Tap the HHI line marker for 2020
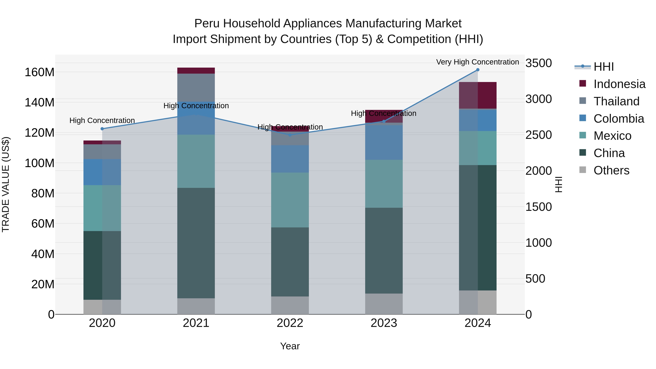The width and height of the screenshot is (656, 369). click(x=102, y=129)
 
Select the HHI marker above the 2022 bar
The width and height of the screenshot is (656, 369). click(x=290, y=135)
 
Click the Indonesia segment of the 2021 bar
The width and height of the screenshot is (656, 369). click(x=196, y=71)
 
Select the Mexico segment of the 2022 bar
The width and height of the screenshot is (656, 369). click(x=290, y=200)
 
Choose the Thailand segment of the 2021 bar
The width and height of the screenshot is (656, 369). click(x=196, y=88)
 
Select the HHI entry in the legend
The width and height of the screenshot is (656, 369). click(x=603, y=67)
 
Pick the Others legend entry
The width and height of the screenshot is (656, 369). click(x=611, y=170)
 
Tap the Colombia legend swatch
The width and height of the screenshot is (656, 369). click(x=583, y=118)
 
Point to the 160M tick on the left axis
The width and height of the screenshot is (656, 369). click(x=40, y=72)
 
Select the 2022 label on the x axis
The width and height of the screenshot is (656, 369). click(x=290, y=323)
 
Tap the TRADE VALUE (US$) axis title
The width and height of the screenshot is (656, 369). click(x=6, y=184)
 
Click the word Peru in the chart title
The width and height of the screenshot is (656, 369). click(x=207, y=24)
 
